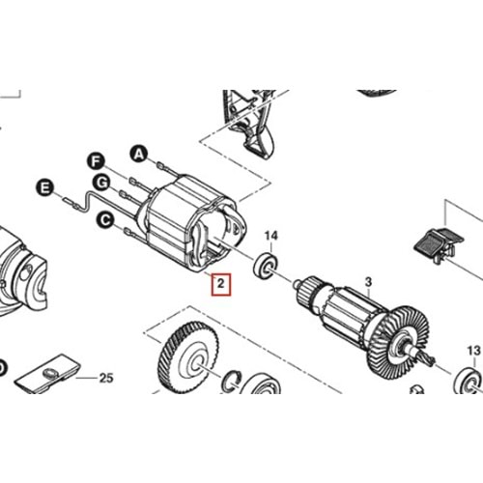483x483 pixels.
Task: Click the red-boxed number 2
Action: point(221,285)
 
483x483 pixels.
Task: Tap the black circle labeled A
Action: point(138,153)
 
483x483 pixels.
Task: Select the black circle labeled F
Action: point(96,158)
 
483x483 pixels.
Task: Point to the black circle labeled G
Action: point(99,182)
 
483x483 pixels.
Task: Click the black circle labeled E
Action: point(43,186)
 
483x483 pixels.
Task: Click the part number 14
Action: point(271,235)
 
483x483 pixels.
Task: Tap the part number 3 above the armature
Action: point(367,282)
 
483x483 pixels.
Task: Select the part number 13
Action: point(472,350)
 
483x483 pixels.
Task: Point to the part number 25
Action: point(106,377)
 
